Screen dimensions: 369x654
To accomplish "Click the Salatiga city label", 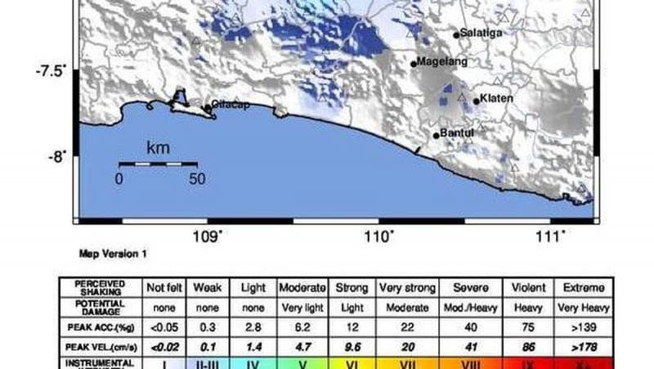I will coord(481,33).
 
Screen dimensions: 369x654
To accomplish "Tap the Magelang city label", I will coord(442,61).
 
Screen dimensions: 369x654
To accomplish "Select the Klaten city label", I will coord(496,99).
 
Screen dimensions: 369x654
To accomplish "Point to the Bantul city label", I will coord(457,133).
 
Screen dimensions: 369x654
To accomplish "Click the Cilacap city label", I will coord(231,105).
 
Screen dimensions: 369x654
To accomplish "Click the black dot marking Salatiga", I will coord(456,35).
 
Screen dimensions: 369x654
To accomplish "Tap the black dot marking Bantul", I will coord(437,136).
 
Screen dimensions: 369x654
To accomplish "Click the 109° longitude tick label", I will coord(207,236).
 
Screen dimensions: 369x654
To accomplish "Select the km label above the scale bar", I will coord(157,148).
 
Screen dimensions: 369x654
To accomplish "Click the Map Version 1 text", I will coord(113,254).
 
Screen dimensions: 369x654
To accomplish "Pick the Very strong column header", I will coord(406,288).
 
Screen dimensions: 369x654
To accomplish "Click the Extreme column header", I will coord(583,288).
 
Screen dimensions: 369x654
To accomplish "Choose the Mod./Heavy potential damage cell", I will coord(464,308).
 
